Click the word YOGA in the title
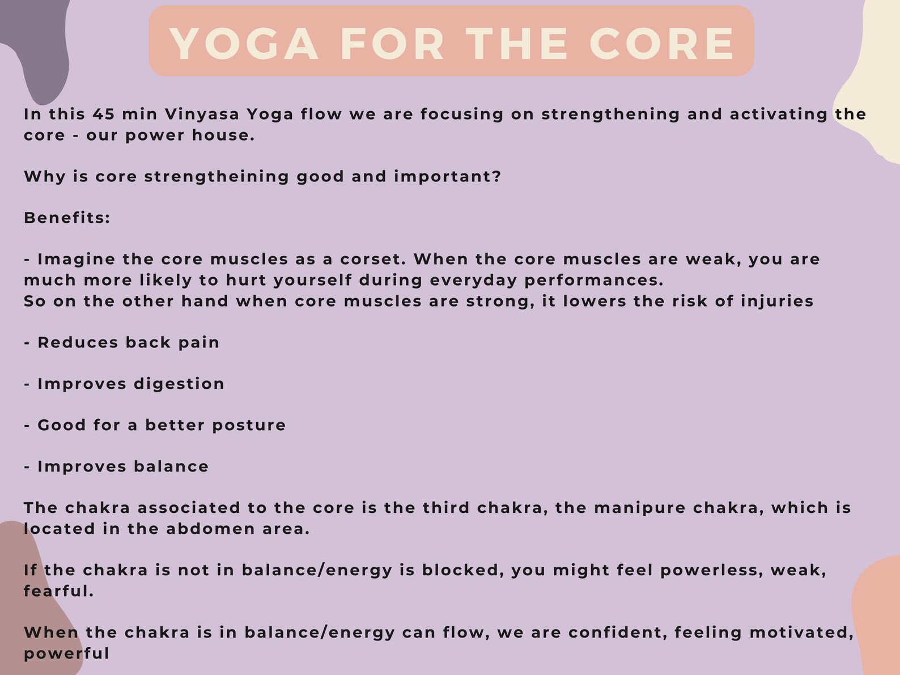(244, 44)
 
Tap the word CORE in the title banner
(662, 44)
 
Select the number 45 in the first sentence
(104, 114)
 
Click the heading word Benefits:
(67, 218)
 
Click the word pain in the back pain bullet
(199, 343)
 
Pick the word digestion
(179, 384)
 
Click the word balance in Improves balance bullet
(171, 467)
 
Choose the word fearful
(58, 592)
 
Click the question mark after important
(497, 177)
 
